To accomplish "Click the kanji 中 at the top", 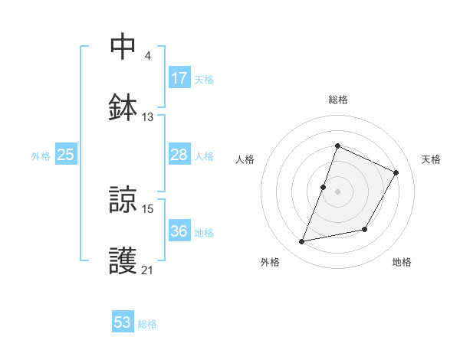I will click(x=124, y=46).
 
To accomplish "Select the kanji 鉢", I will click(x=124, y=107).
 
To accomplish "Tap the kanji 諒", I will click(x=124, y=199).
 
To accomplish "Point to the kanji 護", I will click(x=124, y=260).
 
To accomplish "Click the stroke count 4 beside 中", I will click(x=147, y=55).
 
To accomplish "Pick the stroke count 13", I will click(x=148, y=116).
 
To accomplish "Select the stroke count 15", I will click(x=148, y=208).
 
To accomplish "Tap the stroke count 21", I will click(x=148, y=270).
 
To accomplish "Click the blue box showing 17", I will click(x=179, y=78).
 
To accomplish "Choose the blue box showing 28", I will click(x=179, y=155).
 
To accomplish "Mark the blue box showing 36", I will click(x=179, y=231).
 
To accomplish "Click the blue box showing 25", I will click(x=66, y=155).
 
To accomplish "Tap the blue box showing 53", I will click(x=123, y=322).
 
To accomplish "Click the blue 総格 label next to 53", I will click(x=147, y=324).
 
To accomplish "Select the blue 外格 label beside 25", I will click(x=41, y=156).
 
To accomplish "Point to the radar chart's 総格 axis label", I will click(x=337, y=100).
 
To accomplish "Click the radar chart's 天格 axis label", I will click(x=431, y=159).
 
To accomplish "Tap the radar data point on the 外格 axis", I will click(x=302, y=242).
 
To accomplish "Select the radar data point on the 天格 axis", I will click(x=396, y=172).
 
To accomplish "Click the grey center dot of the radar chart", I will click(x=337, y=191).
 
